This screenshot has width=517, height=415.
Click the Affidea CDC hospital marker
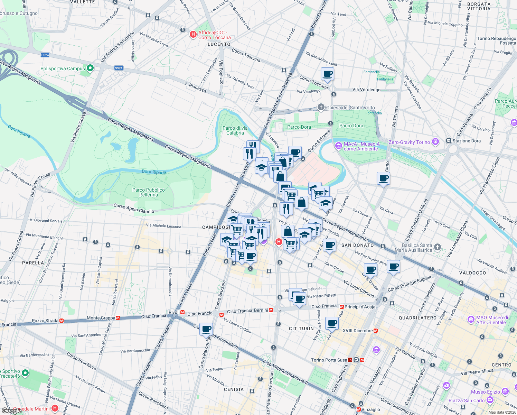point(193,35)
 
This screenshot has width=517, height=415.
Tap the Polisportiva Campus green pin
point(90,68)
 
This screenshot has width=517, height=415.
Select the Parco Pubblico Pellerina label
point(149,192)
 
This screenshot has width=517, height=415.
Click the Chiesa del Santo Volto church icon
point(321,107)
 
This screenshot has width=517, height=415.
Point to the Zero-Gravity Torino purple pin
point(435,141)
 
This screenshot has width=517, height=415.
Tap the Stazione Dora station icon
point(449,141)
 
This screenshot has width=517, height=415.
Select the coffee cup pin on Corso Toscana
point(327,74)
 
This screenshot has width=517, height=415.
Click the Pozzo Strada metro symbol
point(62,321)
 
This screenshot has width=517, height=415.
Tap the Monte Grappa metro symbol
point(118,318)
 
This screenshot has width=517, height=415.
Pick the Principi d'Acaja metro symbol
point(341,306)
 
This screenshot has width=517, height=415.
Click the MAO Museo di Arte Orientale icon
point(471,320)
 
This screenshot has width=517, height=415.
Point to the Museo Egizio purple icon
point(505,391)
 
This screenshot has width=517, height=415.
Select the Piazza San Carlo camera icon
point(490,400)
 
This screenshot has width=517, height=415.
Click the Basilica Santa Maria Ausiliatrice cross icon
point(438,247)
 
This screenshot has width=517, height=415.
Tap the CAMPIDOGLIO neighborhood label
point(216,227)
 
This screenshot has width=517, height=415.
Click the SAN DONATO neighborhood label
point(357,245)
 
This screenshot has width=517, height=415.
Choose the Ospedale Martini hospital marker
point(55,408)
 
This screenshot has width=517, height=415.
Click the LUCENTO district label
point(219,44)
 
